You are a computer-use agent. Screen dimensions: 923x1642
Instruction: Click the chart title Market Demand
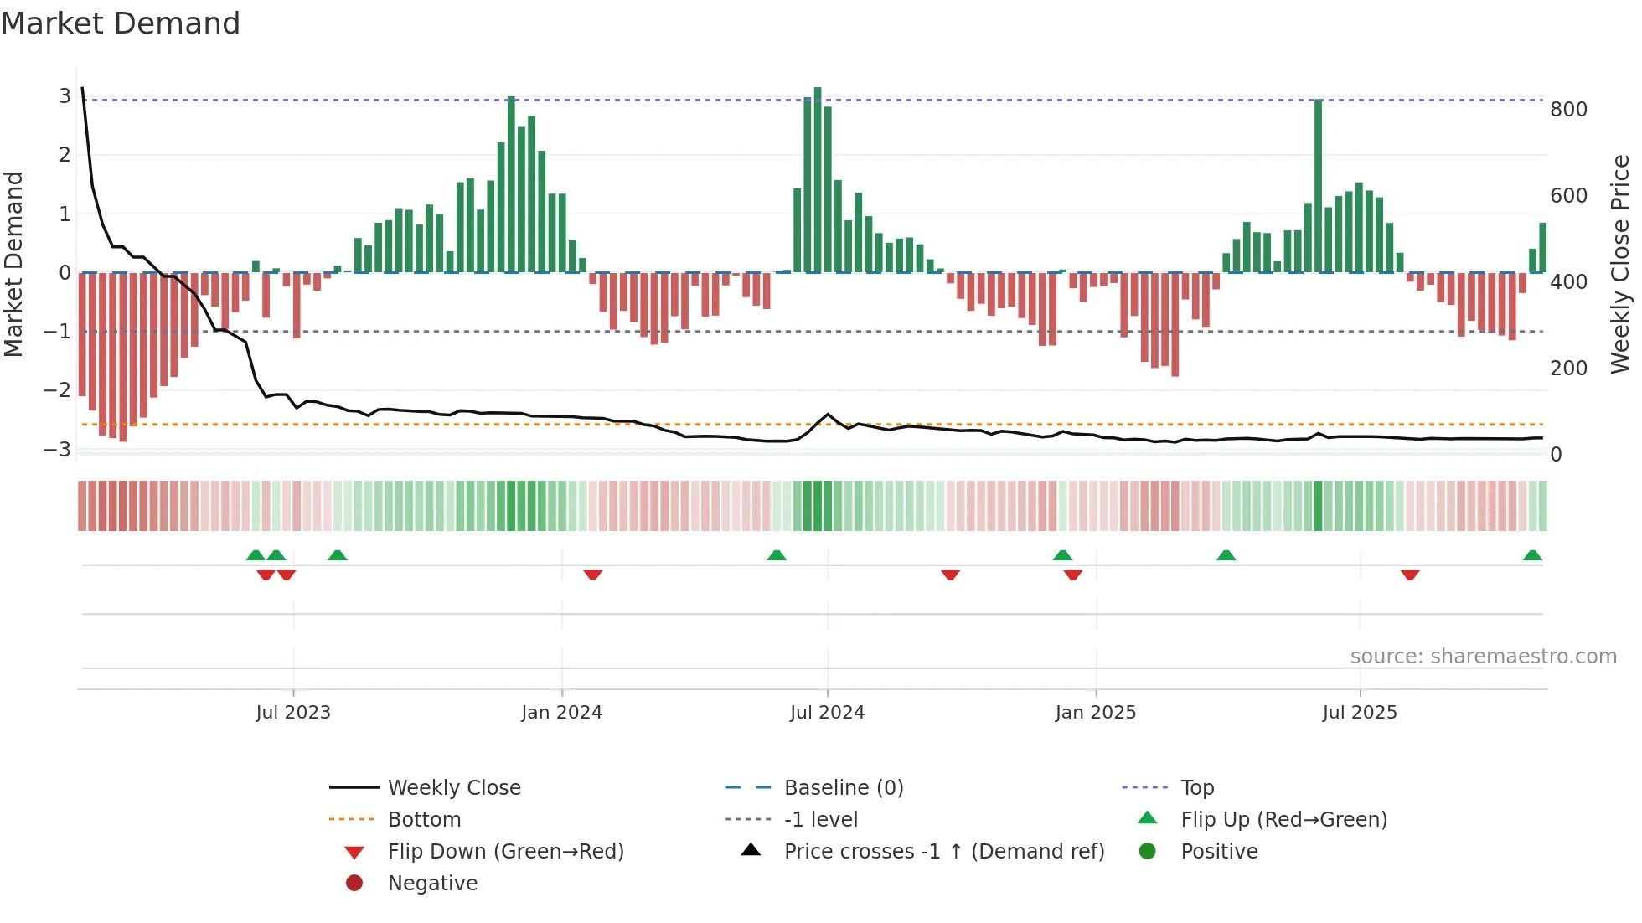click(x=121, y=23)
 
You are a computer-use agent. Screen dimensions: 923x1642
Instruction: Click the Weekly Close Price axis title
click(x=1620, y=264)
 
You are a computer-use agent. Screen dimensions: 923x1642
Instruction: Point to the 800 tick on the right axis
click(x=1568, y=110)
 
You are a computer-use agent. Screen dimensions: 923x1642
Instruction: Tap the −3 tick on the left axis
click(x=58, y=449)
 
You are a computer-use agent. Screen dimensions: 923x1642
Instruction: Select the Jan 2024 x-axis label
click(x=561, y=713)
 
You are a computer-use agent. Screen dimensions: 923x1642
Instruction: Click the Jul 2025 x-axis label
click(x=1360, y=713)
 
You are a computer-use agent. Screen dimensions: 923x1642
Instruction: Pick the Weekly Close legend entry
click(x=453, y=788)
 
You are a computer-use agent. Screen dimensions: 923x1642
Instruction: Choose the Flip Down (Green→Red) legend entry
click(x=505, y=852)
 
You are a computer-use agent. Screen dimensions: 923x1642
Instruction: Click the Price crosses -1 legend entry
click(x=943, y=852)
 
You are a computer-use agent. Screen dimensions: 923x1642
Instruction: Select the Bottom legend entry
click(x=424, y=820)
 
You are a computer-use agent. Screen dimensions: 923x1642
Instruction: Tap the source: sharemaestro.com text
click(x=1483, y=657)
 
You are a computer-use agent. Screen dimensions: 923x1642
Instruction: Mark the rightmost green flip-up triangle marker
click(x=1532, y=555)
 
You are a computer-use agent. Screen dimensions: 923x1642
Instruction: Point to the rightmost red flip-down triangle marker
click(x=1410, y=575)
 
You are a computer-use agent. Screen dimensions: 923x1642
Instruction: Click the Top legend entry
click(x=1196, y=788)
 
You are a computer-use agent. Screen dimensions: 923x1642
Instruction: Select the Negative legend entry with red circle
click(x=432, y=884)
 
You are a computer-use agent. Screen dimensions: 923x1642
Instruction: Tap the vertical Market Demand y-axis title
click(x=13, y=264)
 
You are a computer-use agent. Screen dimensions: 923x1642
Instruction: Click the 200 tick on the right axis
click(x=1568, y=369)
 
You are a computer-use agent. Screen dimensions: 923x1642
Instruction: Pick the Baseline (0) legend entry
click(x=843, y=788)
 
